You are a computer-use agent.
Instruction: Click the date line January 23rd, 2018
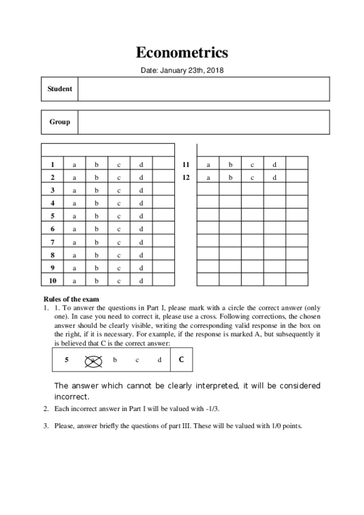click(182, 71)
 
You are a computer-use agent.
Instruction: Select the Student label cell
click(60, 89)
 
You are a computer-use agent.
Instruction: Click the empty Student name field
click(204, 89)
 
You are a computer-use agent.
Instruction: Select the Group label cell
click(60, 122)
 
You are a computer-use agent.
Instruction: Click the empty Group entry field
click(204, 122)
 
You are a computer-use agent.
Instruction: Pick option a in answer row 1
click(75, 165)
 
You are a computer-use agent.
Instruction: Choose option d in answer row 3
click(141, 191)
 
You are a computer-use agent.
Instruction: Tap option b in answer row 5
click(96, 216)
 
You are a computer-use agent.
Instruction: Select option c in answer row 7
click(119, 242)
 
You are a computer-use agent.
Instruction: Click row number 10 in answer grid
click(53, 281)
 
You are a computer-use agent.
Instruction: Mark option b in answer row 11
click(230, 165)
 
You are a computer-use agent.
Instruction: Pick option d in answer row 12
click(275, 177)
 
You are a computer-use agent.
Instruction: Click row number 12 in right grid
click(186, 177)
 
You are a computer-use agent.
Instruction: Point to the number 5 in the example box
click(66, 360)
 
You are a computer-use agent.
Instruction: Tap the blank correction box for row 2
click(163, 177)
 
